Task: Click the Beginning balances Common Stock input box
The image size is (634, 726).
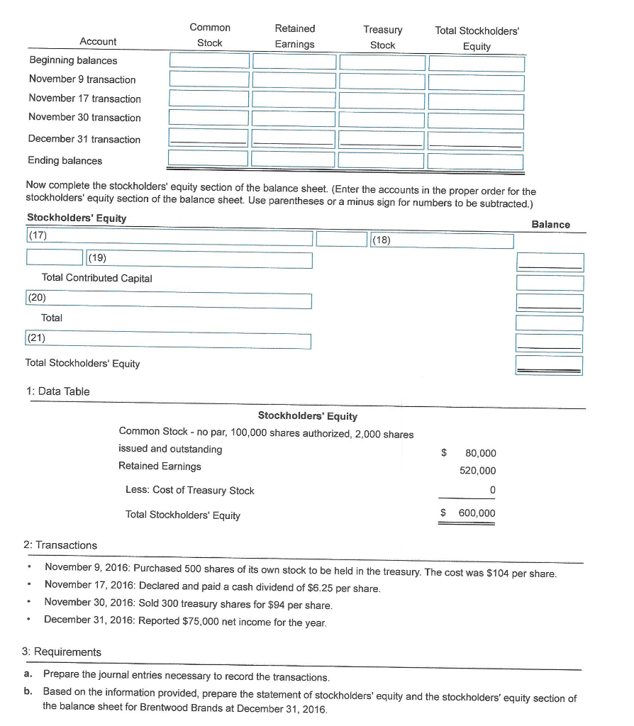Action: pos(209,61)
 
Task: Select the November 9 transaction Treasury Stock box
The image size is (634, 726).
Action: pos(382,80)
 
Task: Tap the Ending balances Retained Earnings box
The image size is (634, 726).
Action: pos(294,160)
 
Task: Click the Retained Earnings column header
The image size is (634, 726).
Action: pos(294,36)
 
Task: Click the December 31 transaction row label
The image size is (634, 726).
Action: pos(84,139)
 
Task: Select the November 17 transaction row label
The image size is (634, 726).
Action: pos(84,99)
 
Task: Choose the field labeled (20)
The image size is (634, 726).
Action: pos(169,301)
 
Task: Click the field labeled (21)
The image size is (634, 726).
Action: pos(169,341)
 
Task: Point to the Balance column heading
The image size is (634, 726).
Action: pos(550,224)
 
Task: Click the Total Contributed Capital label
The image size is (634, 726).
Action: pos(97,278)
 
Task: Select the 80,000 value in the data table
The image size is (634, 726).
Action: pos(481,453)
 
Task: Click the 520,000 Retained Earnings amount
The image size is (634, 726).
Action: pos(478,471)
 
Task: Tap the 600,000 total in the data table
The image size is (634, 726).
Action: pos(478,513)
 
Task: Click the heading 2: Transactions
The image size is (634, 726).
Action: pos(60,545)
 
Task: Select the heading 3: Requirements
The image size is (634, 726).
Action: pos(62,652)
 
